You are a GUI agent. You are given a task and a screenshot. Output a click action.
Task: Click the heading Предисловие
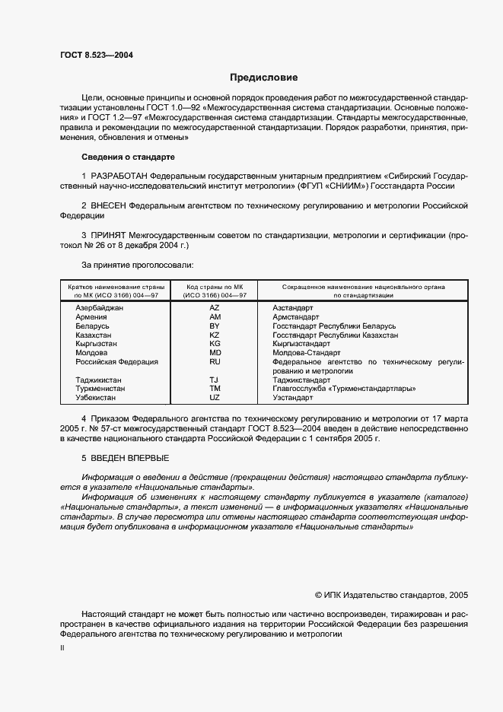tap(264, 78)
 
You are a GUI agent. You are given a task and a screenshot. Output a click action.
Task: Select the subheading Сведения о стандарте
tap(128, 157)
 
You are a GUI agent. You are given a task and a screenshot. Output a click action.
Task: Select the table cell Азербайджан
tap(99, 307)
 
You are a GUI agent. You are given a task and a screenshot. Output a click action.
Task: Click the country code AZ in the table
tap(215, 307)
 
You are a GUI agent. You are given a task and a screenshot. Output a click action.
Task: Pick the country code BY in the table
tap(215, 326)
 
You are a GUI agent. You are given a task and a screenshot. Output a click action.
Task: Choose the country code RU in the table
tap(215, 362)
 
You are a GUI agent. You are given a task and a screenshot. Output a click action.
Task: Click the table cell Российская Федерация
tap(116, 362)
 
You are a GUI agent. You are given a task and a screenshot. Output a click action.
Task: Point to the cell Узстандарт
tap(292, 398)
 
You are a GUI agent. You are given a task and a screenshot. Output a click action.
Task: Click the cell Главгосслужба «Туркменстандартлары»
tap(343, 389)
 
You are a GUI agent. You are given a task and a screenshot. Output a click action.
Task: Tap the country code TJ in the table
tap(215, 380)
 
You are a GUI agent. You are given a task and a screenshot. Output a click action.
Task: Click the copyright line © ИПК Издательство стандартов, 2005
tap(391, 595)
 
